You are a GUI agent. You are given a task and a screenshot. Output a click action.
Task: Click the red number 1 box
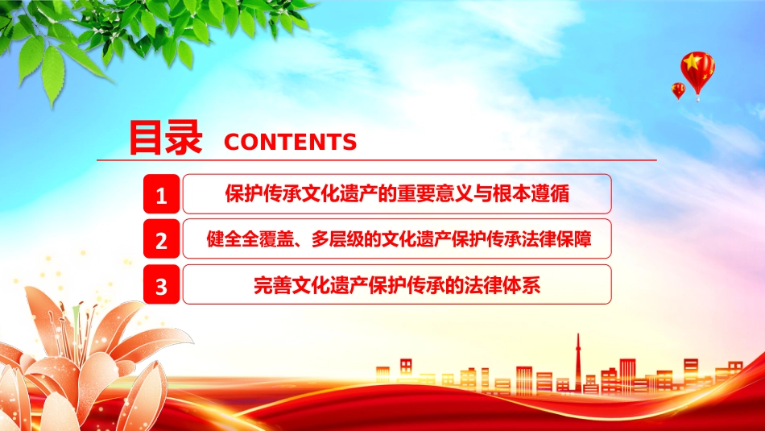(162, 194)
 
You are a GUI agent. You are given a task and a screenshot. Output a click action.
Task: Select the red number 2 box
(162, 238)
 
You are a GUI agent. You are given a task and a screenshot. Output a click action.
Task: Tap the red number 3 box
(162, 284)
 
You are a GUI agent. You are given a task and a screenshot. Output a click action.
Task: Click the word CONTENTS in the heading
(290, 142)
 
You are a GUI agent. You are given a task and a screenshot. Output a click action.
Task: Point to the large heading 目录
(165, 138)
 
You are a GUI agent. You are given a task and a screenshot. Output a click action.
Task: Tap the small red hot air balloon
(678, 91)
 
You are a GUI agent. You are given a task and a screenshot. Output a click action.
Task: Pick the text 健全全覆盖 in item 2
(250, 239)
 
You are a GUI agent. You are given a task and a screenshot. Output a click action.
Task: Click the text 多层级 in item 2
(337, 239)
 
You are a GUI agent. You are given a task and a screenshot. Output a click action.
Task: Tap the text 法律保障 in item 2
(556, 239)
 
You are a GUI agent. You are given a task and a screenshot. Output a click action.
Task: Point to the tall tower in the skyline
(578, 363)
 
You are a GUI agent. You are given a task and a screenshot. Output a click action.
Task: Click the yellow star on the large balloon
(693, 63)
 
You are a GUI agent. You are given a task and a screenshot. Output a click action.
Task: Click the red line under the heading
(377, 160)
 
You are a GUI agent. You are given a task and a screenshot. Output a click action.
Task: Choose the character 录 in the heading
(184, 138)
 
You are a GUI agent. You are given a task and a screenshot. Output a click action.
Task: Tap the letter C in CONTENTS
(232, 142)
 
